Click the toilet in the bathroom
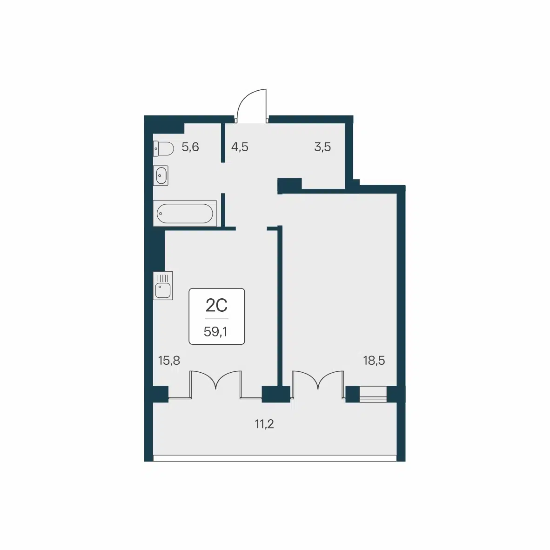click(x=163, y=148)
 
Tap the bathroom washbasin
click(x=161, y=175)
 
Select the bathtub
click(x=185, y=213)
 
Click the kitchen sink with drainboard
click(x=163, y=286)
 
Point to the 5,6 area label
click(x=190, y=147)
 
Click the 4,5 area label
click(x=240, y=147)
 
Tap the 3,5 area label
click(x=322, y=147)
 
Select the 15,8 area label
click(x=169, y=360)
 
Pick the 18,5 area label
click(x=374, y=360)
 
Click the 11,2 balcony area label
click(x=264, y=424)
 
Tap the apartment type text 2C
click(x=216, y=305)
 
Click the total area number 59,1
click(x=216, y=331)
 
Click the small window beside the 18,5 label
click(x=373, y=394)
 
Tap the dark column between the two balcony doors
click(x=276, y=394)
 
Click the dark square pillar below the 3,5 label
click(x=289, y=185)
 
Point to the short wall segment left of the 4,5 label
click(x=223, y=142)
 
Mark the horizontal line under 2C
click(x=217, y=319)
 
